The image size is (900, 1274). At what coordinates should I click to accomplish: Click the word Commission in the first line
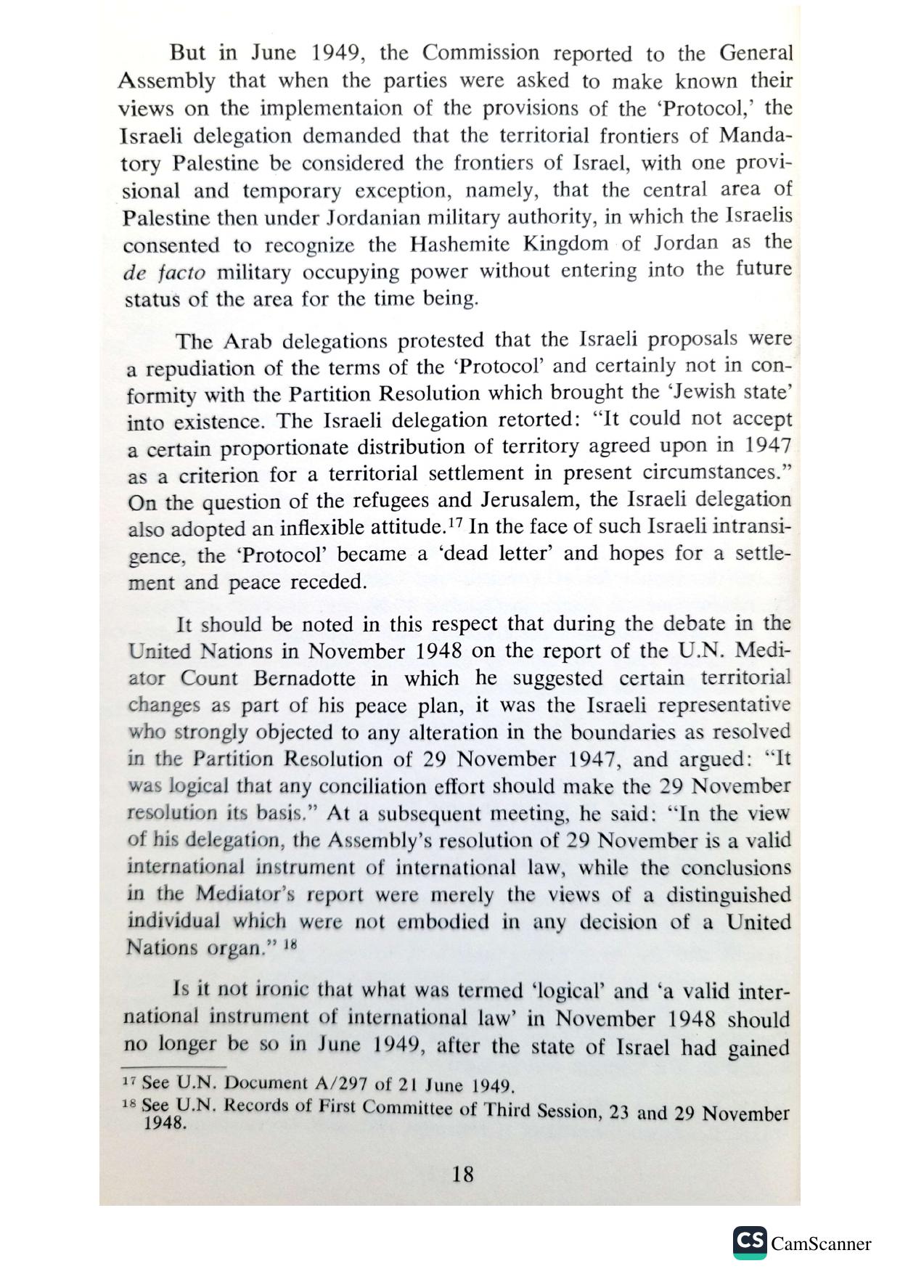pos(480,53)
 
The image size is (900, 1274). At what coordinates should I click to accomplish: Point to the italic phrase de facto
pos(164,273)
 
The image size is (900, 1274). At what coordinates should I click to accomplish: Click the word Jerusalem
pos(531,501)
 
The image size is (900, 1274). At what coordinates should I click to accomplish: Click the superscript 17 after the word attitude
pos(455,522)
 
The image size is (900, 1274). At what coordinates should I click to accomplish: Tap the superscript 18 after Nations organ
pos(290,944)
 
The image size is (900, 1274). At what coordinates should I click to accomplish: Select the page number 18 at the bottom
pos(462,1174)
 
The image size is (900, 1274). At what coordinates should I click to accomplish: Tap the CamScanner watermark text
pos(820,1244)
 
